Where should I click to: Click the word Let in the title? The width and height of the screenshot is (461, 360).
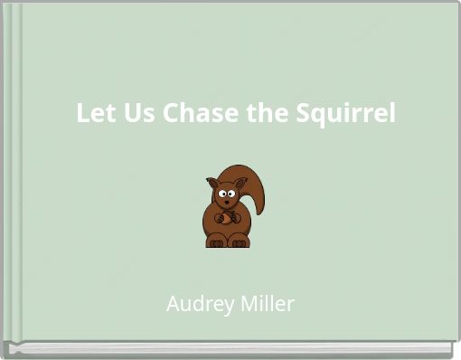pos(92,115)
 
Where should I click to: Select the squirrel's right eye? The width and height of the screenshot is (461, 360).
pos(231,192)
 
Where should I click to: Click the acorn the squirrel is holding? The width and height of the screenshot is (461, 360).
pos(226,217)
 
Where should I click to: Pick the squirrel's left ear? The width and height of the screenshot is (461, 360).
pos(212,183)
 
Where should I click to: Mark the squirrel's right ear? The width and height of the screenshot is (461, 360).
pos(240,184)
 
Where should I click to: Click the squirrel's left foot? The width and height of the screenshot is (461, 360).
pos(216,242)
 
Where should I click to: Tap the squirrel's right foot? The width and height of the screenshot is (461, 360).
pos(238,242)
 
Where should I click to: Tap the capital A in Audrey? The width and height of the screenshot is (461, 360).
pos(174,305)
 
